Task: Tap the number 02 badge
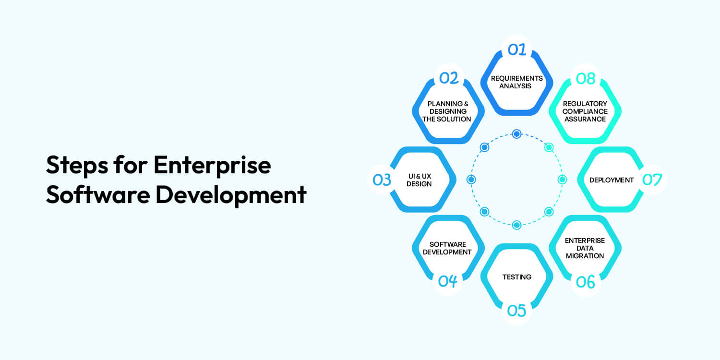(x=448, y=78)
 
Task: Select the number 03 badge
(x=382, y=180)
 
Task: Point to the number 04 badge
(x=447, y=281)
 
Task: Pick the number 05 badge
(x=516, y=311)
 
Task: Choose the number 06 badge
(x=585, y=282)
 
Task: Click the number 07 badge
(x=652, y=180)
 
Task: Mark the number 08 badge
(x=585, y=78)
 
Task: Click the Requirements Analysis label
(x=516, y=82)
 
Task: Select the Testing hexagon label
(x=516, y=277)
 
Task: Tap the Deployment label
(x=612, y=180)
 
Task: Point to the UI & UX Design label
(x=419, y=180)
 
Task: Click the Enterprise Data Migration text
(x=585, y=248)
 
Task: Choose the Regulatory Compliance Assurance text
(x=585, y=111)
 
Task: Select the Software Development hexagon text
(x=447, y=248)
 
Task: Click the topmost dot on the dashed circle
(x=516, y=134)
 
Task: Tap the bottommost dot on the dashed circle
(x=516, y=225)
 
